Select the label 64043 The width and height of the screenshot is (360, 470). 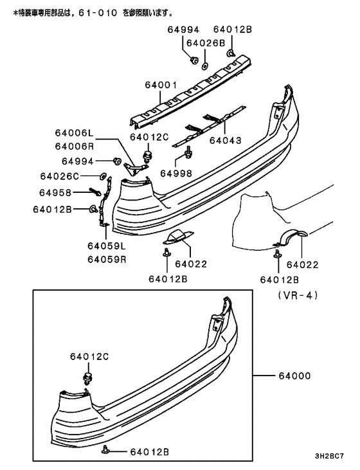(x=226, y=139)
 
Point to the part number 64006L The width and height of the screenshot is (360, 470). (x=74, y=133)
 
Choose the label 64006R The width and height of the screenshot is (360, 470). (x=74, y=146)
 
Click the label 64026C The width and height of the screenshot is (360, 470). (x=59, y=176)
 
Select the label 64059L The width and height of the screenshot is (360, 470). (x=107, y=246)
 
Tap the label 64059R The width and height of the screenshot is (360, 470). (x=107, y=259)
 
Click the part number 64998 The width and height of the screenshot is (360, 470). (x=177, y=172)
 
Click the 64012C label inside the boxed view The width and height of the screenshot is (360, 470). (x=89, y=356)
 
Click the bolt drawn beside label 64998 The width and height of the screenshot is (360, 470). (x=190, y=152)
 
